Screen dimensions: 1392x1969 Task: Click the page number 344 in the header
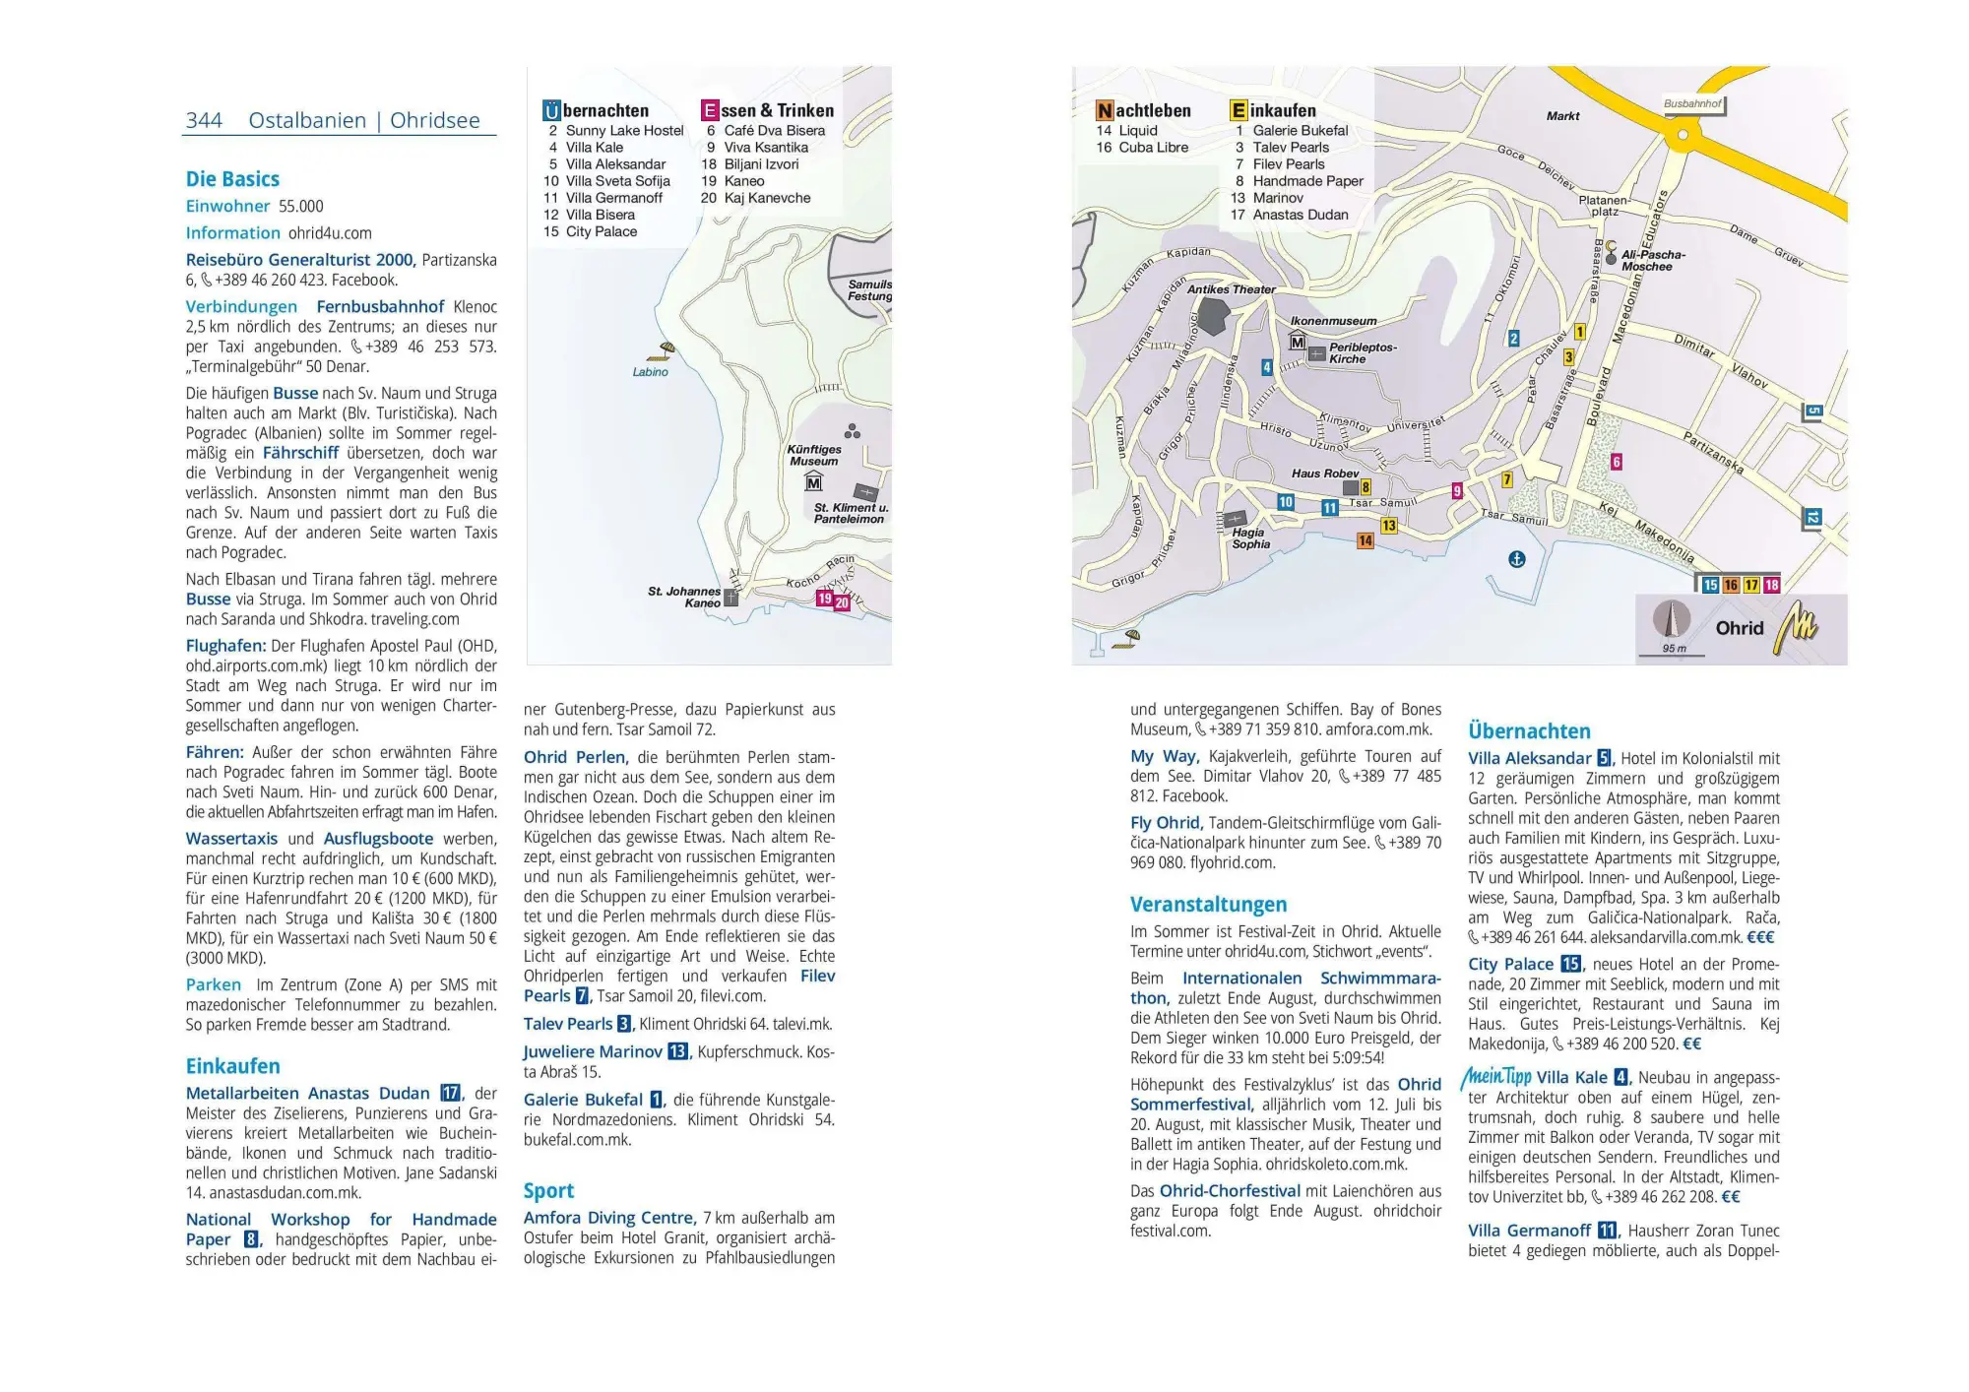tap(204, 120)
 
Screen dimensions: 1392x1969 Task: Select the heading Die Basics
tap(232, 179)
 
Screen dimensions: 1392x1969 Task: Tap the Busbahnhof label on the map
tap(1692, 103)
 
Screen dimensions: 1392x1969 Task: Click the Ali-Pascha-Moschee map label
tap(1652, 260)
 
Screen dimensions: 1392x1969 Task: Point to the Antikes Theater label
tap(1230, 289)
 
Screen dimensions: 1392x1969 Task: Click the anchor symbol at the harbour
tap(1517, 559)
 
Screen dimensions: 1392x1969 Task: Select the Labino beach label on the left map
tap(650, 372)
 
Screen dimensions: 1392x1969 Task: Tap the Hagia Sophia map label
tap(1250, 538)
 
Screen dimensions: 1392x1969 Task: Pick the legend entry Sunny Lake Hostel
tap(623, 131)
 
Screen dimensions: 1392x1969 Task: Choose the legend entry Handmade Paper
tap(1307, 181)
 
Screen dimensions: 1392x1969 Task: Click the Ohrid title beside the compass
tap(1739, 628)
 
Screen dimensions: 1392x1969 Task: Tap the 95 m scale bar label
tap(1674, 649)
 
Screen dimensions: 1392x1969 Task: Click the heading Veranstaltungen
tap(1208, 904)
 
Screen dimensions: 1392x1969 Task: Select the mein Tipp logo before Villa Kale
tap(1495, 1076)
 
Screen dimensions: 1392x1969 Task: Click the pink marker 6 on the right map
tap(1616, 462)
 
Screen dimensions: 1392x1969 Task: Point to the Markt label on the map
tap(1562, 116)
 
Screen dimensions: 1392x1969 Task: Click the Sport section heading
tap(548, 1190)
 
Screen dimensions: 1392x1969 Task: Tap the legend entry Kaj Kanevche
tap(767, 198)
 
